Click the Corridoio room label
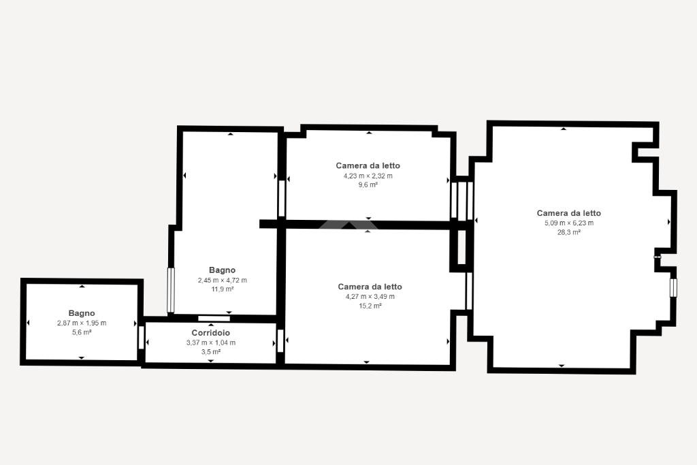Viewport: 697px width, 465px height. click(211, 332)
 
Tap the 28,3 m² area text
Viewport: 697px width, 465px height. click(569, 232)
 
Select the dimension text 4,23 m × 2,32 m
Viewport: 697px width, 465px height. click(368, 176)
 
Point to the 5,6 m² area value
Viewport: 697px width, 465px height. click(82, 332)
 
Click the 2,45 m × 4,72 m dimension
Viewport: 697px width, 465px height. click(223, 280)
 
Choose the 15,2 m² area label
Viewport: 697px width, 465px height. click(370, 306)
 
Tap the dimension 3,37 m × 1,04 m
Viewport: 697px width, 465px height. click(211, 342)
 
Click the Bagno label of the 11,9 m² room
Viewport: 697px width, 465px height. click(223, 270)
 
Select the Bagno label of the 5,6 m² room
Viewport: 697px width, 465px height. click(82, 313)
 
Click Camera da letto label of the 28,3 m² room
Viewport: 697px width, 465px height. click(569, 213)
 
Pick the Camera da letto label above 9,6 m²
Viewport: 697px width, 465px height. click(368, 165)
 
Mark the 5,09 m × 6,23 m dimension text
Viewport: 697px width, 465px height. click(569, 223)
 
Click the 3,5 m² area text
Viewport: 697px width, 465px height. click(211, 351)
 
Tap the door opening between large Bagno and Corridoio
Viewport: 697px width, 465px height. click(214, 319)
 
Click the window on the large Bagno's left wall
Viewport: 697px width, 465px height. click(171, 290)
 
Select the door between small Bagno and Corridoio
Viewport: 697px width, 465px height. click(142, 338)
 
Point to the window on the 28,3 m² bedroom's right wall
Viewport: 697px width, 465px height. click(673, 287)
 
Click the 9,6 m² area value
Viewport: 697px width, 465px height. click(368, 185)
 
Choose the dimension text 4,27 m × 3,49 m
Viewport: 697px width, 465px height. click(370, 297)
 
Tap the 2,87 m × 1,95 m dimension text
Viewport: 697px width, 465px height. click(82, 323)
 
